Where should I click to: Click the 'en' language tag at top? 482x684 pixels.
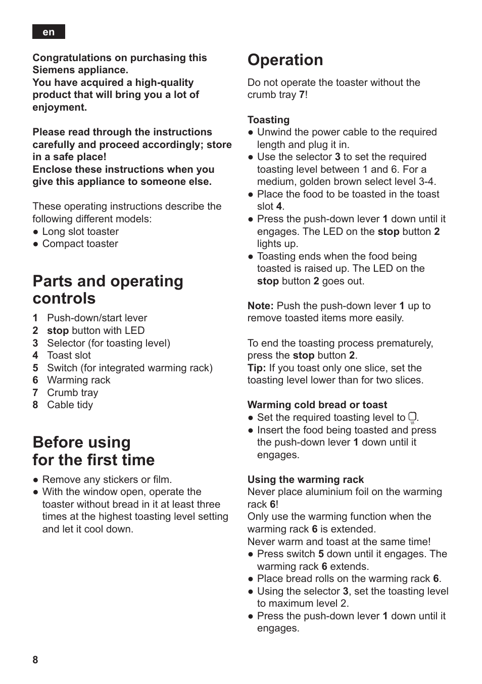click(49, 32)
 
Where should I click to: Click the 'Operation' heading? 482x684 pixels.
click(285, 60)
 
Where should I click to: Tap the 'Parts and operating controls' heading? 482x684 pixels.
click(108, 289)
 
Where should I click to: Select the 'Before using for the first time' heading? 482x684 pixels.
click(93, 451)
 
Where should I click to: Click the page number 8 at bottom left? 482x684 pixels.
click(35, 660)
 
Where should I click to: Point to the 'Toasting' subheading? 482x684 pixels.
click(268, 120)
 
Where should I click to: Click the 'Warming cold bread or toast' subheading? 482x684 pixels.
click(317, 405)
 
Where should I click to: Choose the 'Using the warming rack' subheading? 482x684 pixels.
click(305, 479)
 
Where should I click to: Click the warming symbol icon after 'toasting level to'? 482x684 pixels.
click(412, 418)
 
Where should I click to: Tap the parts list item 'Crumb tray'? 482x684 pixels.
click(72, 393)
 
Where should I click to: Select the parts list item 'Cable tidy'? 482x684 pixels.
click(70, 405)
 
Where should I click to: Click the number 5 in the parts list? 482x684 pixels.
click(35, 368)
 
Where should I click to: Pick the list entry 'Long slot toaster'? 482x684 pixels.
click(80, 231)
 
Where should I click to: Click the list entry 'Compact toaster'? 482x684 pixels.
click(80, 243)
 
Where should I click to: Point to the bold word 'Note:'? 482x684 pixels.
click(260, 306)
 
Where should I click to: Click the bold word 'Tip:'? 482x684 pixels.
click(256, 368)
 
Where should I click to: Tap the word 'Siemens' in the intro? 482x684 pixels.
click(53, 70)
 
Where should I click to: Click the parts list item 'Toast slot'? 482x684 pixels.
click(69, 355)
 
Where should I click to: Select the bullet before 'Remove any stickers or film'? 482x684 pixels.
click(36, 480)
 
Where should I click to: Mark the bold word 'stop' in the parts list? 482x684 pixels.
click(58, 330)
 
